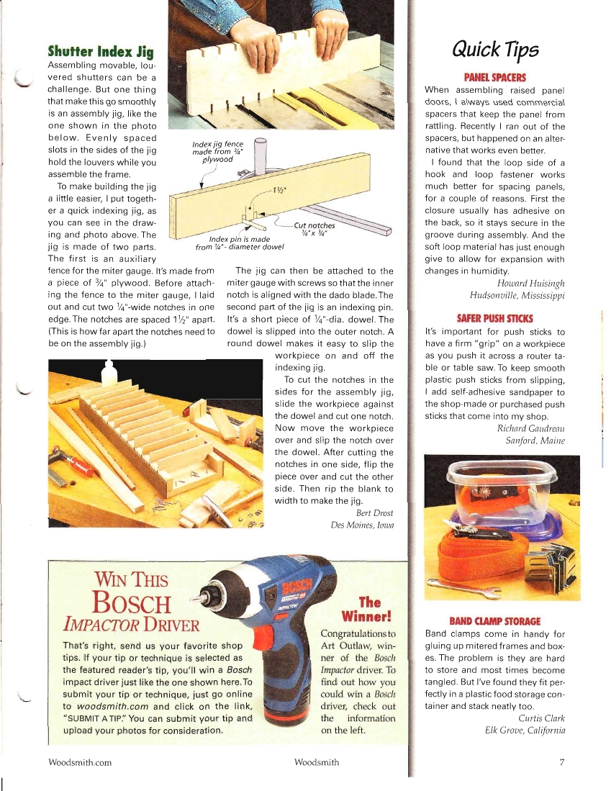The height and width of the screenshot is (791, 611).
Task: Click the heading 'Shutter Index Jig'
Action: tap(100, 51)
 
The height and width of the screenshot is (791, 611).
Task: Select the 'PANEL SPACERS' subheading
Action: tap(495, 77)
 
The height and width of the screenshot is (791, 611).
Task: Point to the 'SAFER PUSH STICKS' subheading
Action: tap(495, 317)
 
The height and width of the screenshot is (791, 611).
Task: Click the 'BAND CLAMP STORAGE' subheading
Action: tap(495, 620)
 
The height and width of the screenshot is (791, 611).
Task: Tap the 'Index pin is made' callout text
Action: tap(239, 239)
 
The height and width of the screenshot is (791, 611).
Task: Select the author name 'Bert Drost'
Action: tap(375, 513)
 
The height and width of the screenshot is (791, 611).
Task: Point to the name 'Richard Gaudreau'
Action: tap(531, 428)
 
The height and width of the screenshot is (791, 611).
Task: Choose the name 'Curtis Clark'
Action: tap(541, 718)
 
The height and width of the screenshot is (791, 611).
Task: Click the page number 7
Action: tap(561, 761)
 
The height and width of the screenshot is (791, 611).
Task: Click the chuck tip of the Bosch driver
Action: tap(204, 595)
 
